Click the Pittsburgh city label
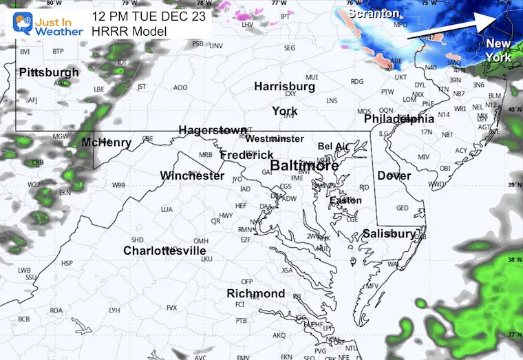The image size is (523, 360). tap(49, 72)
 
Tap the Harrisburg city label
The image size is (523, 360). tap(284, 87)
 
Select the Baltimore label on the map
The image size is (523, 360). tap(304, 166)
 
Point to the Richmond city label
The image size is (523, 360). tap(256, 294)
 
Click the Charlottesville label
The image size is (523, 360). tap(164, 251)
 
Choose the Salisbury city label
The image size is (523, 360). tap(389, 234)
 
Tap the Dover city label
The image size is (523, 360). tap(394, 176)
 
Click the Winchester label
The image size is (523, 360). tap(192, 176)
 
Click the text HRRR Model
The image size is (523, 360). tap(125, 30)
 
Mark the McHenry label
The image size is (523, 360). tap(106, 142)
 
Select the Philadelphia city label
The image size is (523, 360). tap(400, 118)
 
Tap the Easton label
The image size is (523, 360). tap(345, 200)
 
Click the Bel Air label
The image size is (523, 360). tap(333, 147)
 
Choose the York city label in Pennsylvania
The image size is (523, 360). tap(284, 111)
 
